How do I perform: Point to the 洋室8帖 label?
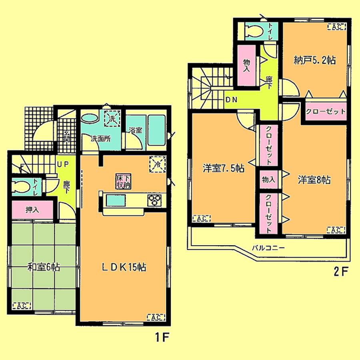tap(314, 180)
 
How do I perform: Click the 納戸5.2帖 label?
tap(314, 60)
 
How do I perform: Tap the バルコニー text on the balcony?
tap(268, 247)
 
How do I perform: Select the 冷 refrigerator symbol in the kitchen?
tap(157, 164)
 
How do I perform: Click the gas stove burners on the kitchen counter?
tap(154, 200)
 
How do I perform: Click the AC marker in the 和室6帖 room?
tap(22, 306)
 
